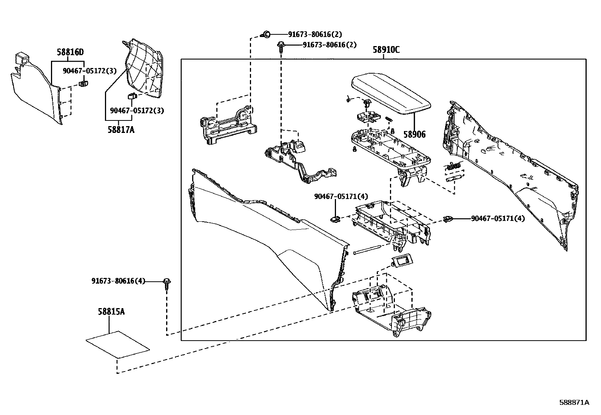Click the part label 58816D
[70, 52]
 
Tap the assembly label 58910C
[386, 50]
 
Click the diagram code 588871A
[574, 403]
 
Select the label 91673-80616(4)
[118, 281]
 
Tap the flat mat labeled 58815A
[118, 344]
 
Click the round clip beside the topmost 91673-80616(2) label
[265, 35]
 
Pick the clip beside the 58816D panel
[84, 83]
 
